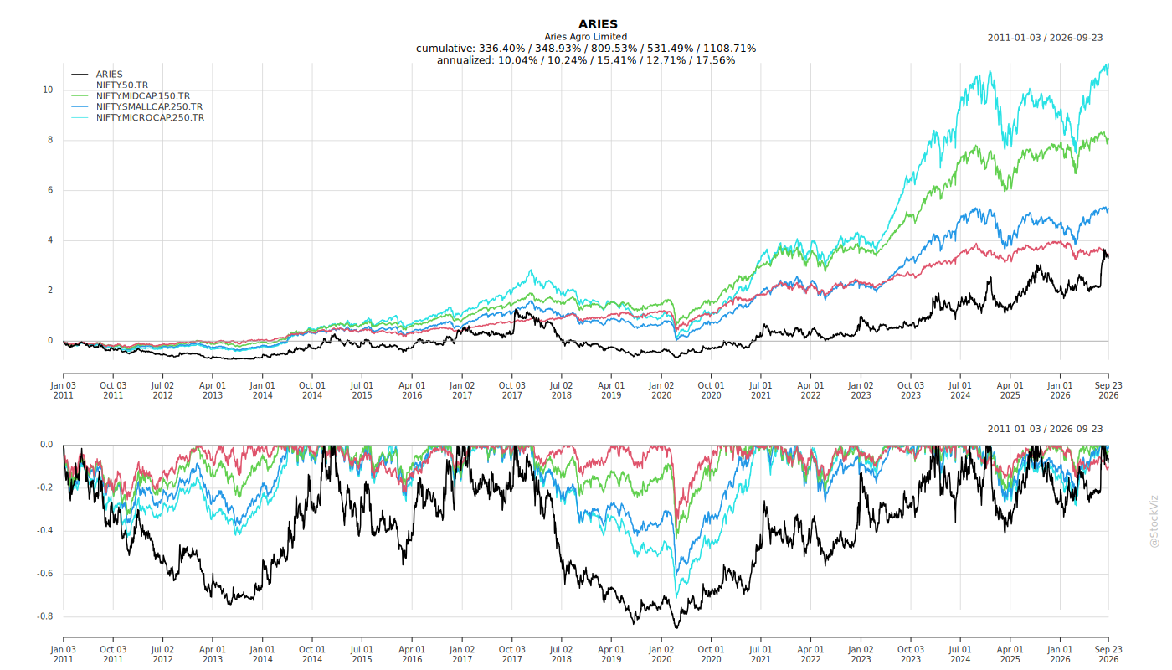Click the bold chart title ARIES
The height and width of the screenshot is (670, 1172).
coord(598,24)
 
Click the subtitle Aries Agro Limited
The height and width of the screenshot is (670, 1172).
coord(585,37)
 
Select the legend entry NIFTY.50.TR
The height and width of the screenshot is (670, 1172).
coord(122,85)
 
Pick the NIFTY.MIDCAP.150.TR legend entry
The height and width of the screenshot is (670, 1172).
coord(143,95)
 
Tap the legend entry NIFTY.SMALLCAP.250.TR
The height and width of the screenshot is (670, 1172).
coord(149,107)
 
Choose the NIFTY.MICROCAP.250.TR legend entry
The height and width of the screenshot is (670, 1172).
coord(150,118)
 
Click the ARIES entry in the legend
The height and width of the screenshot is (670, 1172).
coord(110,75)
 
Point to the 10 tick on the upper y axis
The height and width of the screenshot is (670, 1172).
coord(48,90)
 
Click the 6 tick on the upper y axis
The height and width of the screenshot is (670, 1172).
coord(50,190)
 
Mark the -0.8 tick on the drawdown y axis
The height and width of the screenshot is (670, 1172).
coord(45,616)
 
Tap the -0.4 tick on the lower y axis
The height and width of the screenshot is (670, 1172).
coord(45,531)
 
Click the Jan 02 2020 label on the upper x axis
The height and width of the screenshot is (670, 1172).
coord(661,390)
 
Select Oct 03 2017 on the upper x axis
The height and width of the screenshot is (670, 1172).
coord(511,390)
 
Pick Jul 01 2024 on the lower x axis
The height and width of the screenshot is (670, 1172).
coord(960,654)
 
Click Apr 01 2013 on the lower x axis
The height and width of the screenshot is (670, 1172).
coord(213,654)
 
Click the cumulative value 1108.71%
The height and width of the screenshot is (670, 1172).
coord(729,49)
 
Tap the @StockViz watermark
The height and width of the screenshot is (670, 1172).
coord(1154,522)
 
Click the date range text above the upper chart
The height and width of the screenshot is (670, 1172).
coord(1045,38)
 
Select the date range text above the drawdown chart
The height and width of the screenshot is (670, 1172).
coord(1045,429)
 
